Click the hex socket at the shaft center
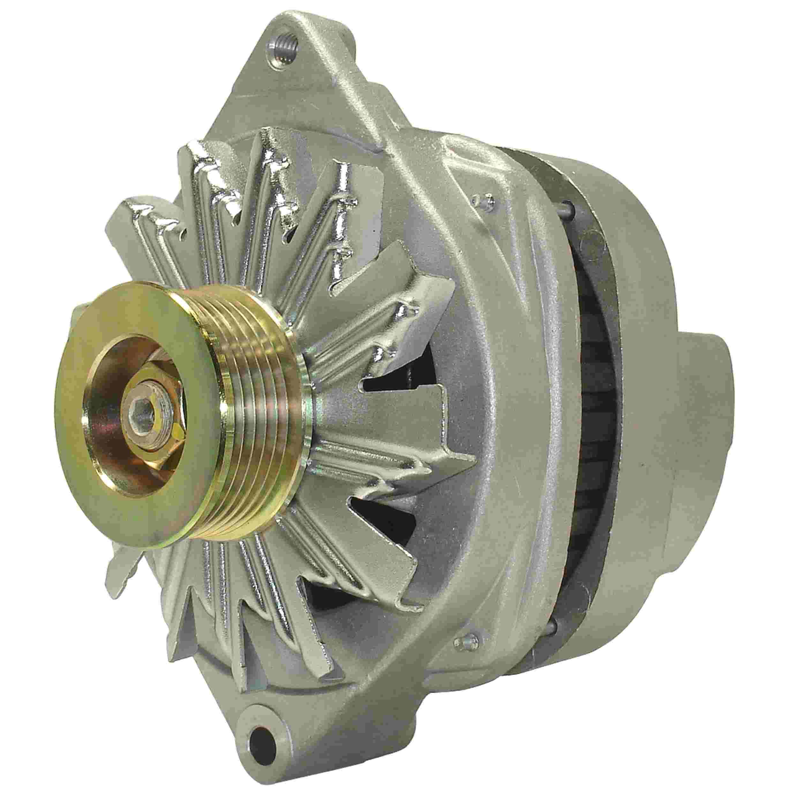(x=145, y=400)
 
